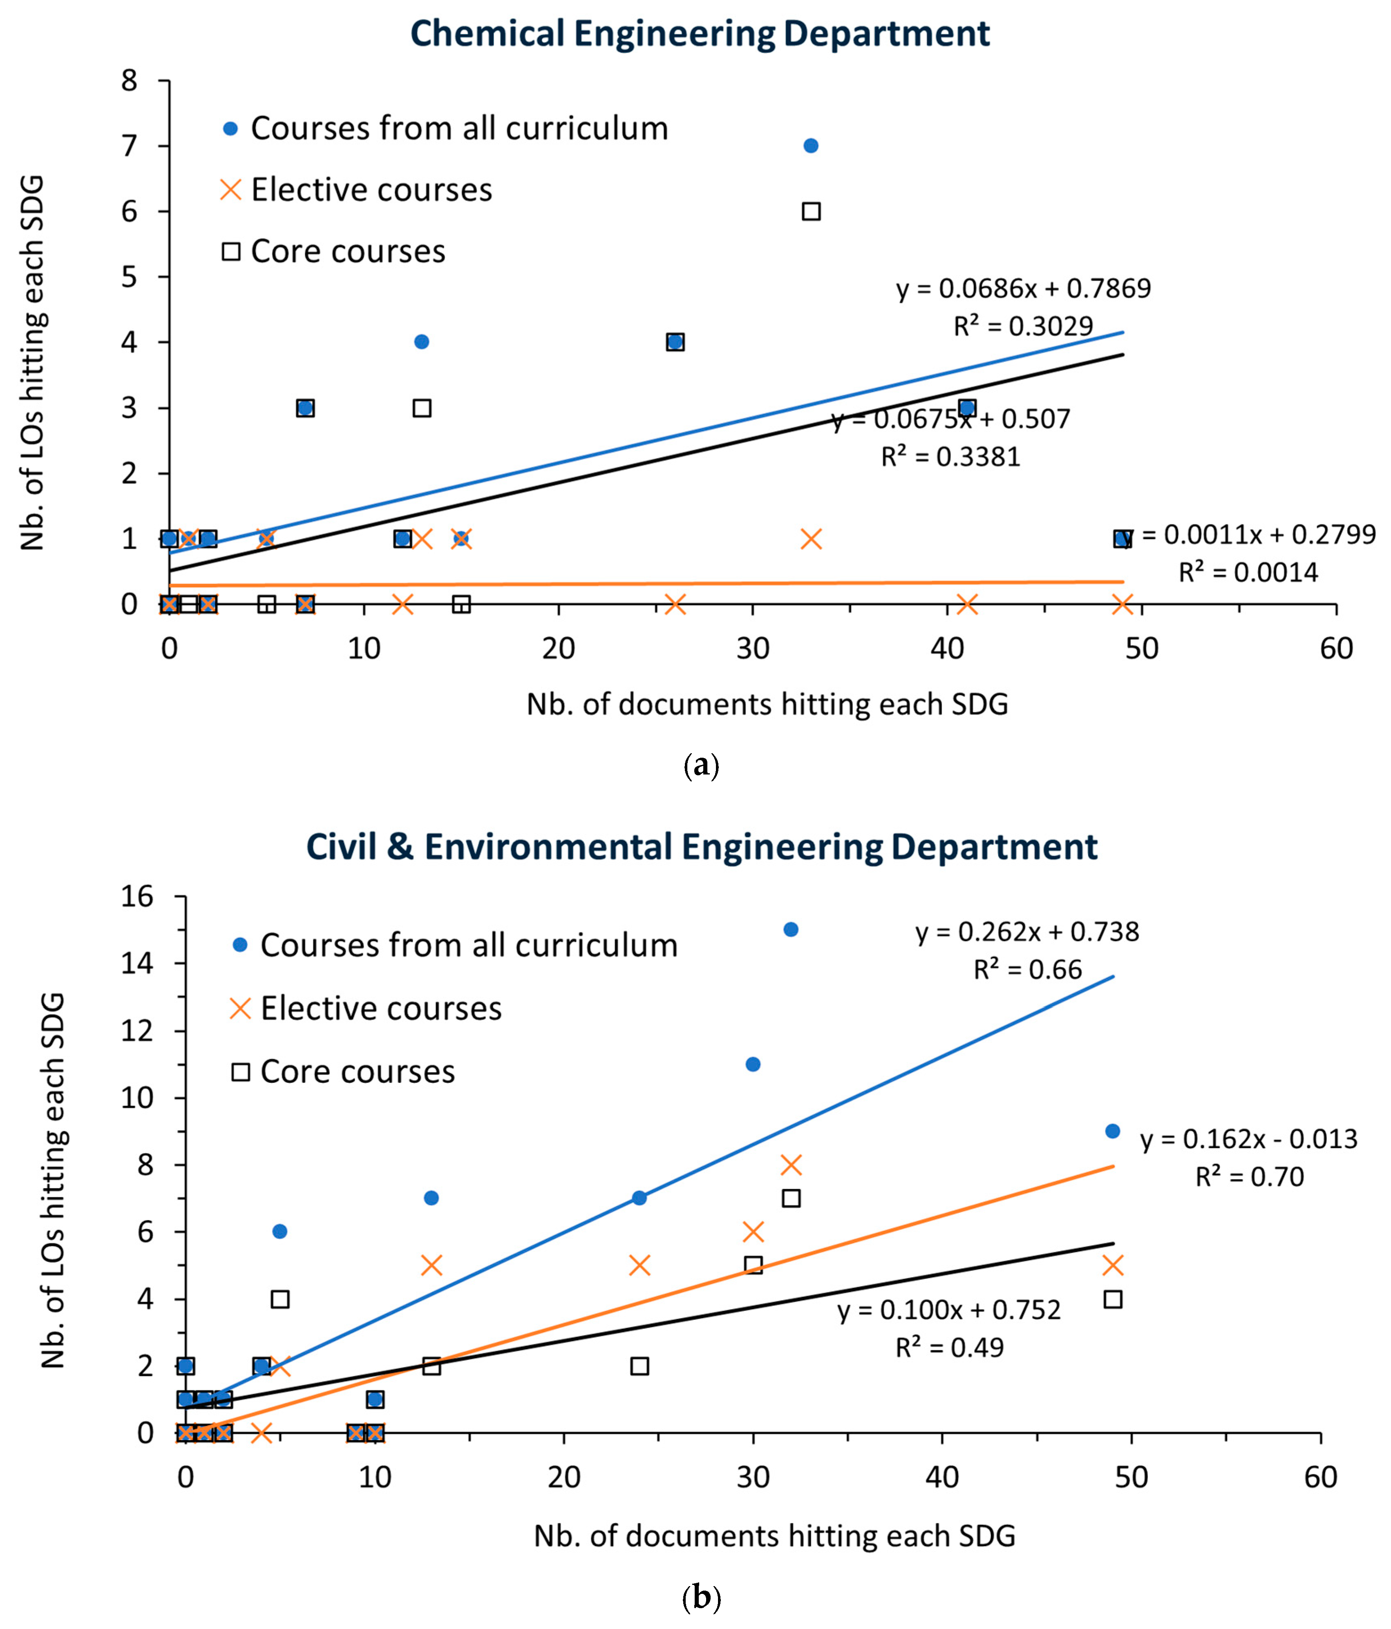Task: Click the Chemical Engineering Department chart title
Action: (700, 34)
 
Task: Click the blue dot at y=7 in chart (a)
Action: (811, 145)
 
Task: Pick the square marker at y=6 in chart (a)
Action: (811, 212)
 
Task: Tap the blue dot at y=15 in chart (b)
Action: (791, 929)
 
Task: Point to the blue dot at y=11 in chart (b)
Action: (753, 1064)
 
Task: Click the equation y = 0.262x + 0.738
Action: (1027, 932)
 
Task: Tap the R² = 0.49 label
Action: (950, 1348)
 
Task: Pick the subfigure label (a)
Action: (701, 765)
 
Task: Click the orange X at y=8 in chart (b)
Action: (791, 1164)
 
